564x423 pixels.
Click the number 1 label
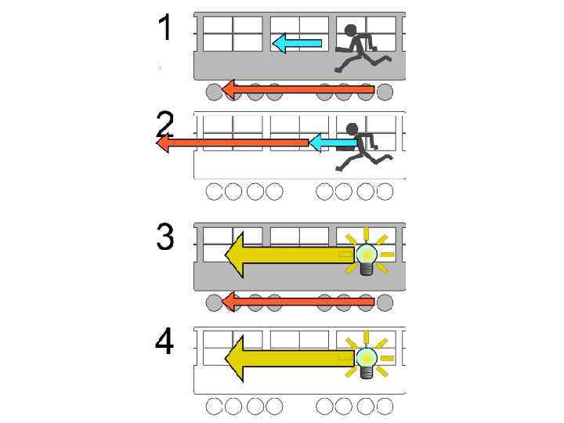pos(164,28)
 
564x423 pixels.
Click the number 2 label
pos(165,125)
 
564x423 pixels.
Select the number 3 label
pos(164,237)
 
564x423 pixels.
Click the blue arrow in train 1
pos(297,42)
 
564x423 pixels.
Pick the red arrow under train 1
pos(298,90)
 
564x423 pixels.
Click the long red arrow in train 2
pos(235,143)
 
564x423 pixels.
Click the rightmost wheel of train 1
pos(385,92)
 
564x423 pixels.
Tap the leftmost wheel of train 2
pos(214,191)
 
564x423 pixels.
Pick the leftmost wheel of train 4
pos(214,406)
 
